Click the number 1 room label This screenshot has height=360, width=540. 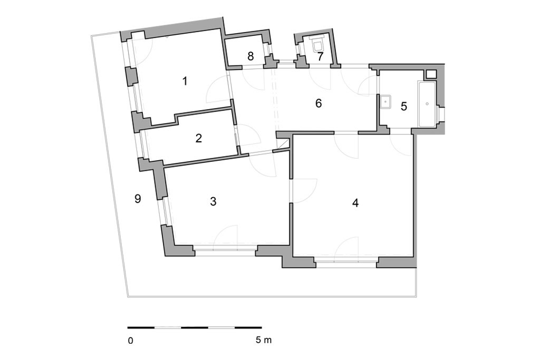coord(185,81)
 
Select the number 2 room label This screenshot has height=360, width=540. coord(198,138)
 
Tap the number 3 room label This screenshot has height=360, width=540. coord(213,201)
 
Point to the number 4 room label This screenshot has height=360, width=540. coord(355,203)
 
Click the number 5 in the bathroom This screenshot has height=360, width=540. coord(403,106)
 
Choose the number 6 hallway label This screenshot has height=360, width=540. coord(319,103)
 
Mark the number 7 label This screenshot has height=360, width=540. coord(321,57)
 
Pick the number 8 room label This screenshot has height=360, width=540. coord(250,56)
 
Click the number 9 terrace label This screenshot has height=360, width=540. coord(138,199)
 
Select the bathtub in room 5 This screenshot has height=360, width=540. coord(427,104)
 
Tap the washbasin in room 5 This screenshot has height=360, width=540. coord(385,102)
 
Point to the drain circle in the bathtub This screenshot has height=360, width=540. coord(427,104)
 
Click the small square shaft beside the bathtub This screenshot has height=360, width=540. coord(431,74)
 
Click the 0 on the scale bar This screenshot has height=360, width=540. coord(130,340)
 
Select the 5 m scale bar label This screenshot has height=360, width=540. coord(264,340)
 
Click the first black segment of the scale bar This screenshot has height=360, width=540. coord(141,328)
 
